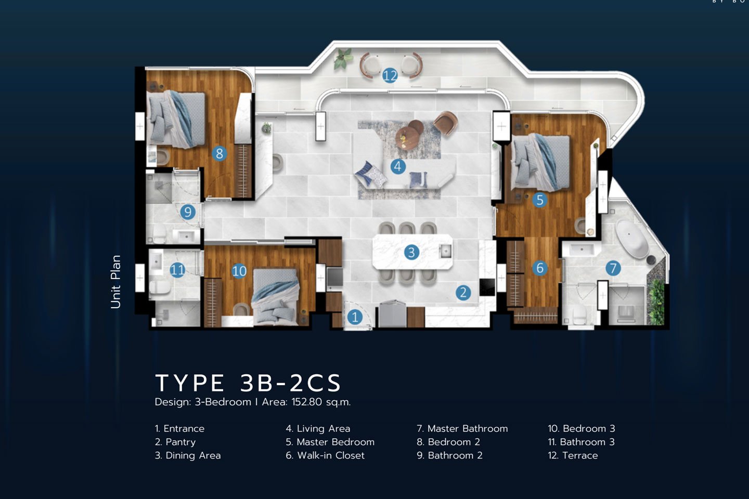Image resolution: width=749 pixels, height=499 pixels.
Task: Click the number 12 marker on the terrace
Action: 390,75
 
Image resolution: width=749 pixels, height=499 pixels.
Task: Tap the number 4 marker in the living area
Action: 398,166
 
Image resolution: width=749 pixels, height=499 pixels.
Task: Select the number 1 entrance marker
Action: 355,317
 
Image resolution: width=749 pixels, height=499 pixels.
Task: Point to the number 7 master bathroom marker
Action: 613,268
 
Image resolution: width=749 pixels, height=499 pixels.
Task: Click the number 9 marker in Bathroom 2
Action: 188,212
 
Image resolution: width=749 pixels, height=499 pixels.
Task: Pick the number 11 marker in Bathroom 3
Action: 177,270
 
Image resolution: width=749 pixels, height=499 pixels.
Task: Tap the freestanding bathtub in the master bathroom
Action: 632,239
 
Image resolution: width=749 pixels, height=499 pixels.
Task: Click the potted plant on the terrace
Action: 343,59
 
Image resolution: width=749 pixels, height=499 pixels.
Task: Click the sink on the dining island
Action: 445,251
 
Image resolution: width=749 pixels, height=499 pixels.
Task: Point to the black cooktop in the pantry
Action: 487,287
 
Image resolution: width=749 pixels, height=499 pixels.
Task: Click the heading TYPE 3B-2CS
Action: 248,383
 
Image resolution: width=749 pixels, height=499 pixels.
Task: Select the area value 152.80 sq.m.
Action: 321,402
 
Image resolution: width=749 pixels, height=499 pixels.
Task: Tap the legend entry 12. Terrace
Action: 573,455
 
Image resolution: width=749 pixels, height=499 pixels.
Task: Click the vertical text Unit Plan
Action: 115,282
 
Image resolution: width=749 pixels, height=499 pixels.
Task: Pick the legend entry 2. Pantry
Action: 175,442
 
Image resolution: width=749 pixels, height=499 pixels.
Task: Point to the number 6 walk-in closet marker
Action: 540,268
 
